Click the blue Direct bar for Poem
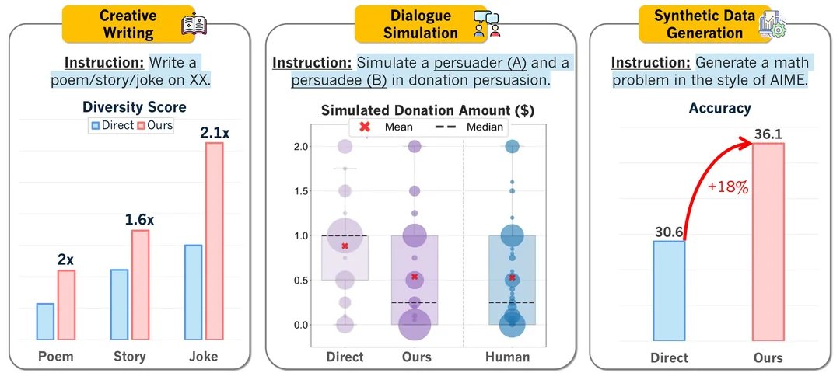46,321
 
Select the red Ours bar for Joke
215,241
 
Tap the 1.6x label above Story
140,219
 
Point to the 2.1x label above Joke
215,132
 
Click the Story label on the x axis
130,357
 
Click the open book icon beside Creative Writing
194,25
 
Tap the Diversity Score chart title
135,107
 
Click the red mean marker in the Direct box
345,246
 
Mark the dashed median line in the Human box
512,302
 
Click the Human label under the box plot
507,357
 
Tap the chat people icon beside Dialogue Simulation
486,25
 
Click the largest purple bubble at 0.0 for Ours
415,325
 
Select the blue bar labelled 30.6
669,291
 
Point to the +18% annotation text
728,188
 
